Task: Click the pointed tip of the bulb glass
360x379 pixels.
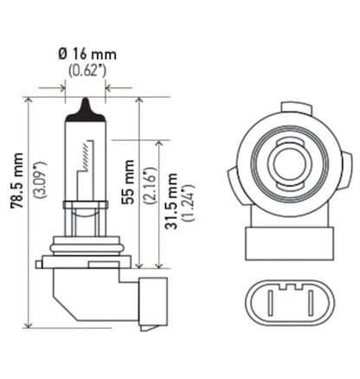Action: point(86,102)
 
